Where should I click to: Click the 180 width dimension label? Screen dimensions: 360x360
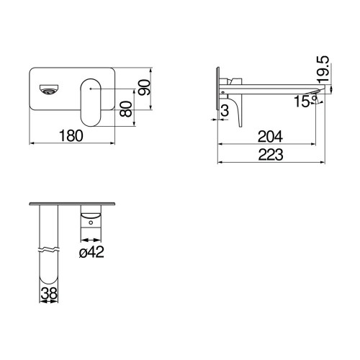click(x=71, y=135)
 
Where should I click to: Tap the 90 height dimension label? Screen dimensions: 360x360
click(x=145, y=88)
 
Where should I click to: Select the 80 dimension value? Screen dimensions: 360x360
click(x=126, y=109)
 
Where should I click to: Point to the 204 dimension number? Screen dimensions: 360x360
click(x=270, y=137)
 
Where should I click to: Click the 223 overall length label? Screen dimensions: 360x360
click(x=271, y=155)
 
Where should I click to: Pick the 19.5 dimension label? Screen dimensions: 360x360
click(x=323, y=69)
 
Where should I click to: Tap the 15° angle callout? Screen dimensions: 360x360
click(x=305, y=101)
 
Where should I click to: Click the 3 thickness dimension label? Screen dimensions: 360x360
click(x=225, y=111)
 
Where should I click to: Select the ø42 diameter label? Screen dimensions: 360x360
click(x=91, y=252)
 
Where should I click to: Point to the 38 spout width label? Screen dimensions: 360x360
click(x=49, y=293)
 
